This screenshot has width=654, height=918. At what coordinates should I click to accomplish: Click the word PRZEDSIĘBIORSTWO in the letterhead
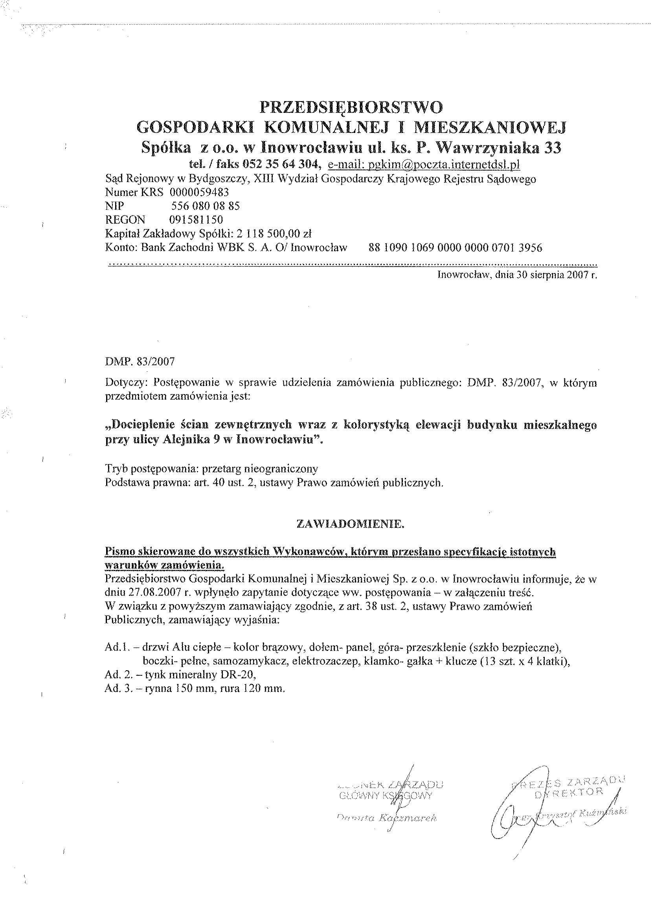(351, 107)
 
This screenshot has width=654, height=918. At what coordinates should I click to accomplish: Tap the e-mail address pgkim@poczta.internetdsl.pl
(424, 164)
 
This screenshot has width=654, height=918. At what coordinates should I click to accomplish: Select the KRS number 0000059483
(199, 192)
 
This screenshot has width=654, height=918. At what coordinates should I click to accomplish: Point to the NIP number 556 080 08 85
(206, 206)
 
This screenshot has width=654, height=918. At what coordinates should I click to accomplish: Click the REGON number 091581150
(196, 219)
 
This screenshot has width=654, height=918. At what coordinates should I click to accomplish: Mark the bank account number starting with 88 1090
(455, 247)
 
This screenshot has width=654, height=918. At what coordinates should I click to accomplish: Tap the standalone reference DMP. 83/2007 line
(140, 361)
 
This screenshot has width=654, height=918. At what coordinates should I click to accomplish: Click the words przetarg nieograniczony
(260, 469)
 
